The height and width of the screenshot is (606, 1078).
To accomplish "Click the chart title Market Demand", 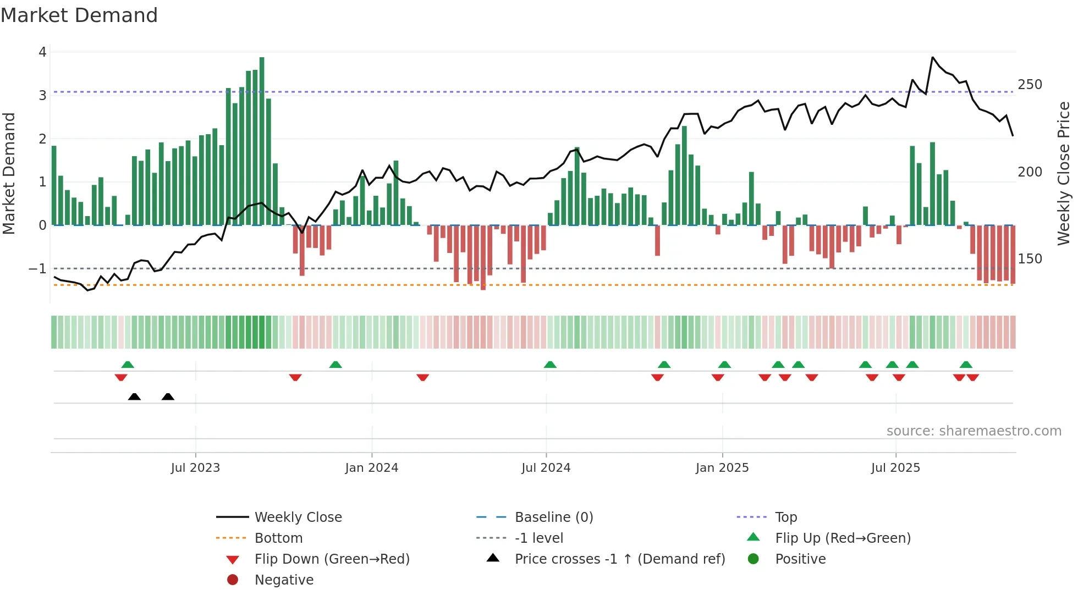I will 79,15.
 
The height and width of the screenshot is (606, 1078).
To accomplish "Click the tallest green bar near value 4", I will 262,141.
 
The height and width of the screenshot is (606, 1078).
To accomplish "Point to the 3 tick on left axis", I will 42,96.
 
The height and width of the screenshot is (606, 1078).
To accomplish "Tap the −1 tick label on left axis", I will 37,269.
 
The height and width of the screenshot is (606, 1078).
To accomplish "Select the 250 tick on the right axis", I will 1030,85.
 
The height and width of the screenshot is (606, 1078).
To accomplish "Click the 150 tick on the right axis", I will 1030,259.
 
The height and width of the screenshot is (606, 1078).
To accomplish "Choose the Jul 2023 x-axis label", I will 195,468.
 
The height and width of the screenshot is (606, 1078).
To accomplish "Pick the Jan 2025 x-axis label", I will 722,468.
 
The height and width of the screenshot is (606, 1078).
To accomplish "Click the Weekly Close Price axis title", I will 1064,173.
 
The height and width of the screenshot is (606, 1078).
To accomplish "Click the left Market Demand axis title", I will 9,173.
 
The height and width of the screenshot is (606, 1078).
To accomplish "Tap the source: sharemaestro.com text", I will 974,431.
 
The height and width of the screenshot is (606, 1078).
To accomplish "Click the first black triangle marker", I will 134,396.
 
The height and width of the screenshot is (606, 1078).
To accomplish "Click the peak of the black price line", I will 932,57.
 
